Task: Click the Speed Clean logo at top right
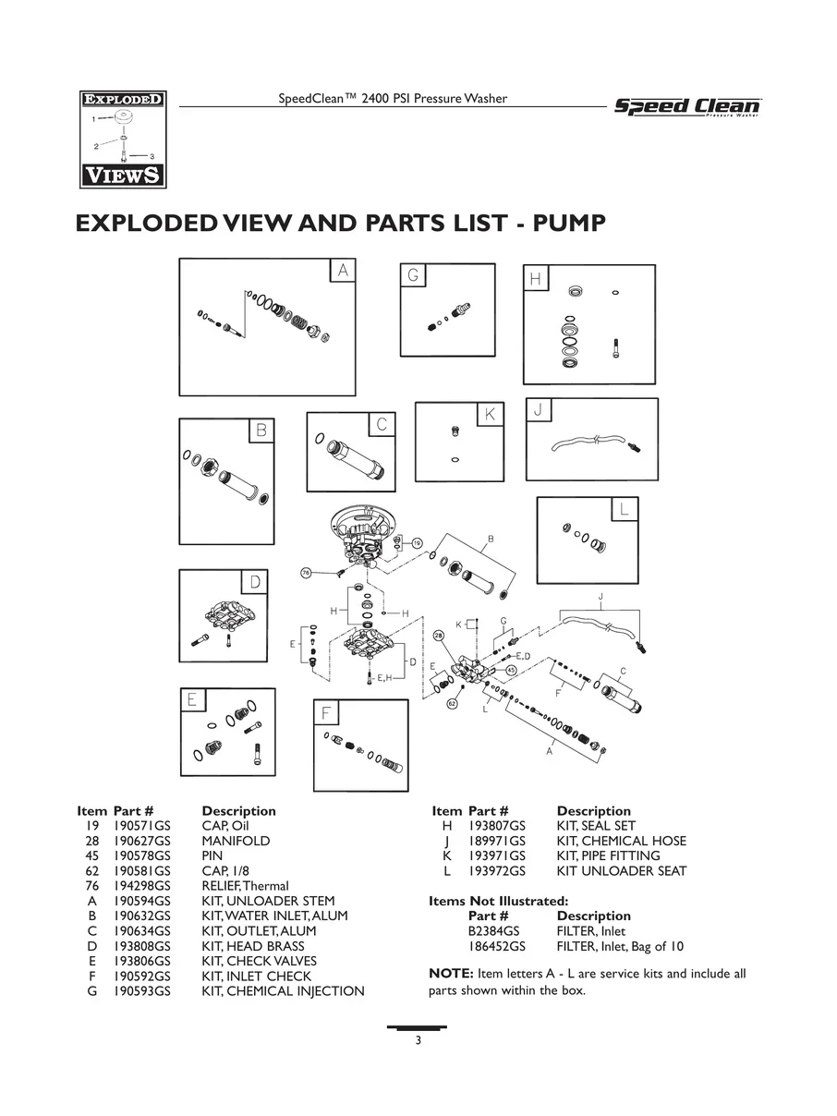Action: coord(687,107)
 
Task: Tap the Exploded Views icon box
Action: coord(123,139)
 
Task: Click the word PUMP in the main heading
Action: coord(569,224)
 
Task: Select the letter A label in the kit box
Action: coord(343,271)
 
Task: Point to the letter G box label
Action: coord(413,275)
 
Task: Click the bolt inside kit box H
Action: coord(616,348)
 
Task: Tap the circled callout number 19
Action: coord(417,543)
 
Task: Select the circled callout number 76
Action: coord(306,573)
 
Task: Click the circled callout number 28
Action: coord(439,636)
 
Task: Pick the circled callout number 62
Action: coord(452,704)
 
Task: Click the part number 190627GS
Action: coord(141,841)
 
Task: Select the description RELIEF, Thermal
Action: coord(245,886)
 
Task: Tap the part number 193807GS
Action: coord(496,826)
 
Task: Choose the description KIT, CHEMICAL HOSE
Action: coord(621,841)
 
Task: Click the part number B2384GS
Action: coord(493,931)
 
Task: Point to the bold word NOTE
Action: coord(451,973)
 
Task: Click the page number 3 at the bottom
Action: coord(418,1040)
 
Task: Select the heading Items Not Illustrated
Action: coord(499,901)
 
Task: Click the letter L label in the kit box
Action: coord(625,509)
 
